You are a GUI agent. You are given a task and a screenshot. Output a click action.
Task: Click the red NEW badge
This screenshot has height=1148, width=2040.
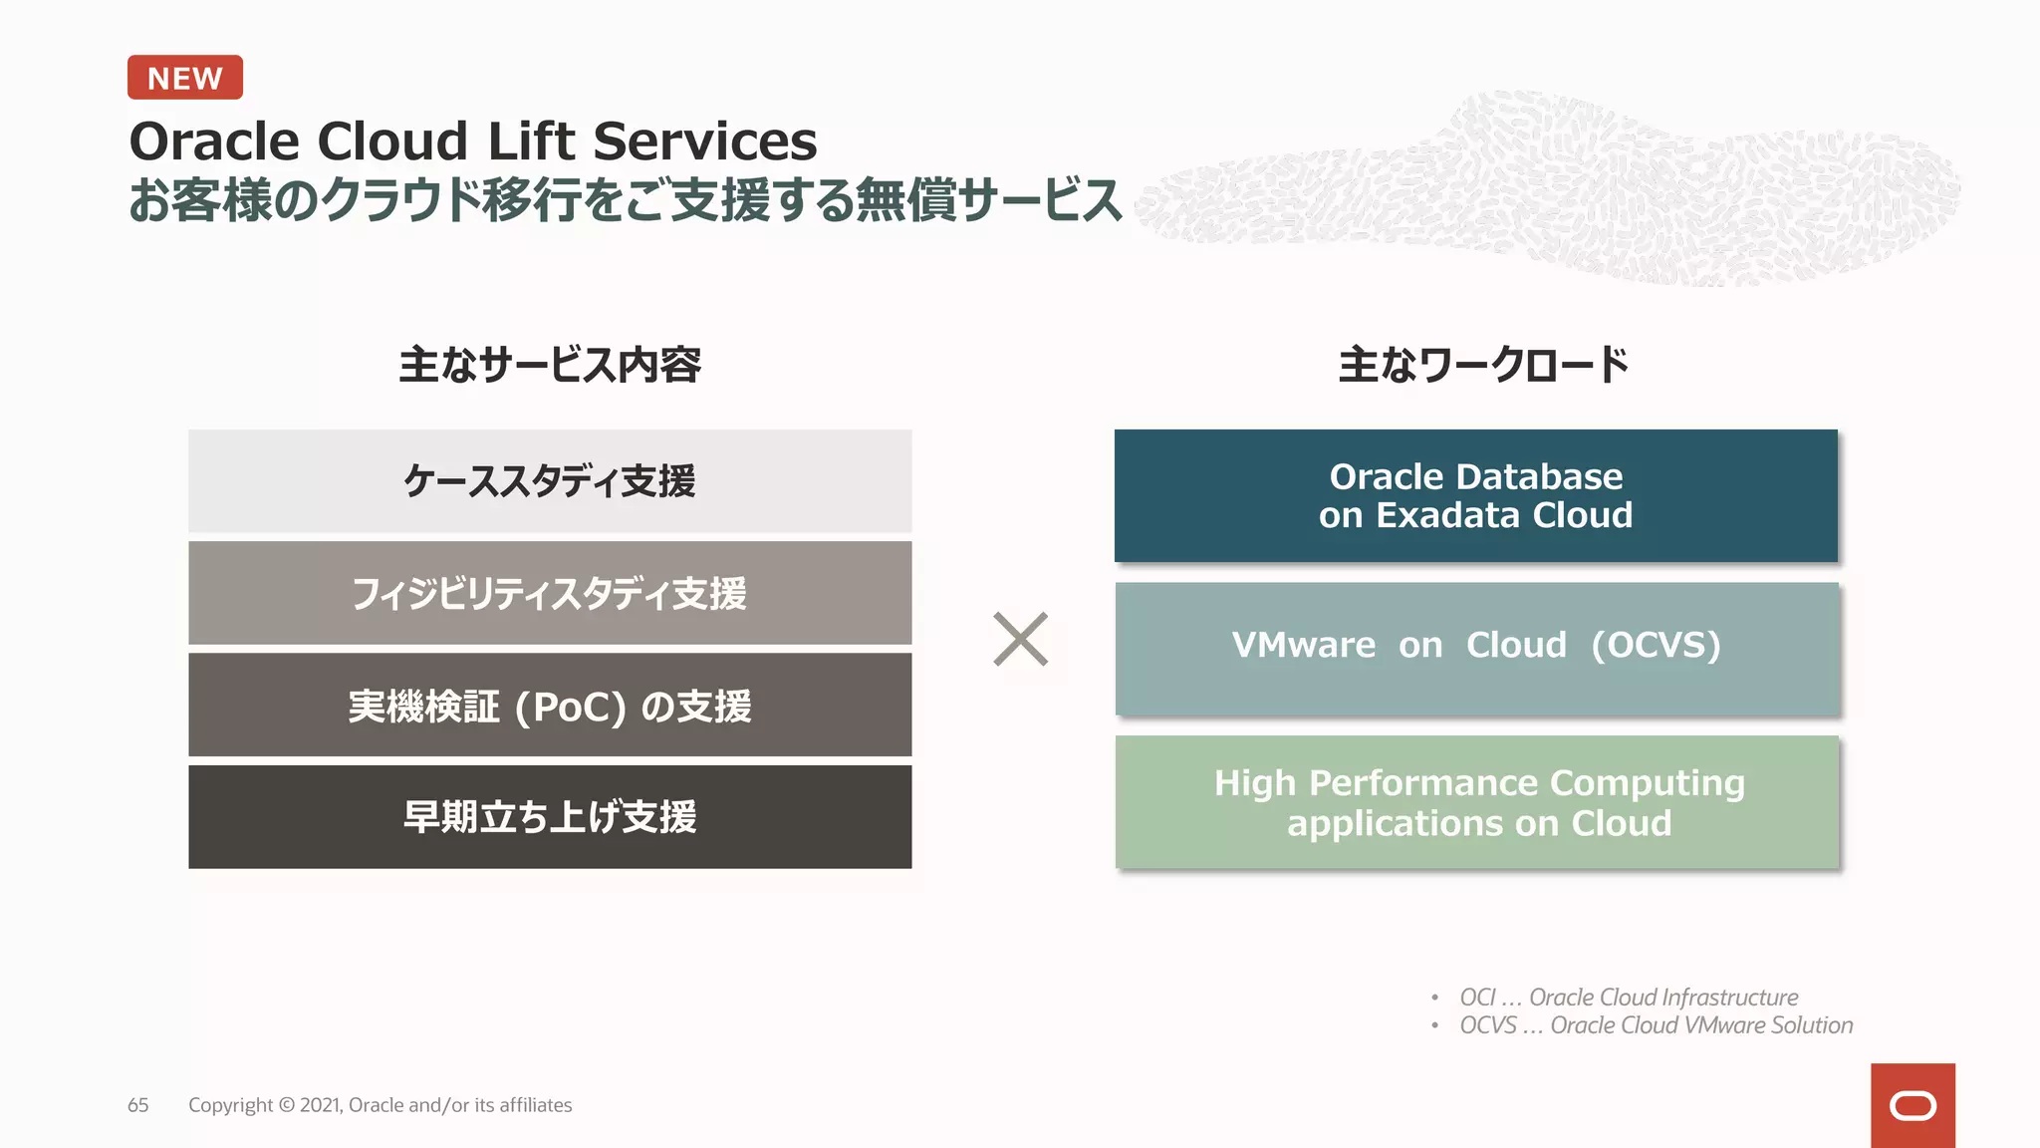click(x=185, y=78)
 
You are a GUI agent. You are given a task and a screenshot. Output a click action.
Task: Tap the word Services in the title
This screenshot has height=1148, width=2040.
click(x=704, y=141)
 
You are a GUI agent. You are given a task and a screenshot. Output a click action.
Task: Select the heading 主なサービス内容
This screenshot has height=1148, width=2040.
click(x=550, y=365)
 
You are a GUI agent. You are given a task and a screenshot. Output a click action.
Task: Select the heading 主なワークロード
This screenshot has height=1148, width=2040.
click(x=1483, y=365)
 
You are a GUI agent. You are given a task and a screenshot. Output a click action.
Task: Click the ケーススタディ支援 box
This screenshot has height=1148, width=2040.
click(x=550, y=481)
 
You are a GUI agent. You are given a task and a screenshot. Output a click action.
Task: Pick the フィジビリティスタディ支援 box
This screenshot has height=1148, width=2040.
click(x=550, y=593)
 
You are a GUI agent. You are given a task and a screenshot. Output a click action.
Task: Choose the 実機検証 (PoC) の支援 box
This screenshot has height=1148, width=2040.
click(x=550, y=706)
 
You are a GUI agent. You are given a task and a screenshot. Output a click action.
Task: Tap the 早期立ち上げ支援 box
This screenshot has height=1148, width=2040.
click(x=550, y=817)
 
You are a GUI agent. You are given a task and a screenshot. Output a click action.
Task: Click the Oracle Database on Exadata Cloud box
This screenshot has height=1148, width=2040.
click(x=1475, y=496)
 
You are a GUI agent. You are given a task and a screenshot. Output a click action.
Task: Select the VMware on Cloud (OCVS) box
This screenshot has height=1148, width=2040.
click(x=1476, y=648)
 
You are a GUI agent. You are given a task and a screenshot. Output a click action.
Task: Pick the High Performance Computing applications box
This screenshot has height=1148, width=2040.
click(x=1477, y=802)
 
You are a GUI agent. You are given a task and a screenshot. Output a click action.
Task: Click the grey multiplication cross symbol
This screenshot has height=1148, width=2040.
click(x=1021, y=639)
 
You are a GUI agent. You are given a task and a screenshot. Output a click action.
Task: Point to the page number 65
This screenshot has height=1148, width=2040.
click(x=138, y=1105)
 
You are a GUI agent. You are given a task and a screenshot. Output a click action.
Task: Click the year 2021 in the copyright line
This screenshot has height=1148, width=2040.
click(x=320, y=1105)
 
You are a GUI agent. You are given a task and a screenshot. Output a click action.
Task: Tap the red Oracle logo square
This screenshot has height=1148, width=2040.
click(x=1912, y=1105)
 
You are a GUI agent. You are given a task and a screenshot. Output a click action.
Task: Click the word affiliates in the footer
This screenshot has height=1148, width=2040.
click(x=535, y=1105)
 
